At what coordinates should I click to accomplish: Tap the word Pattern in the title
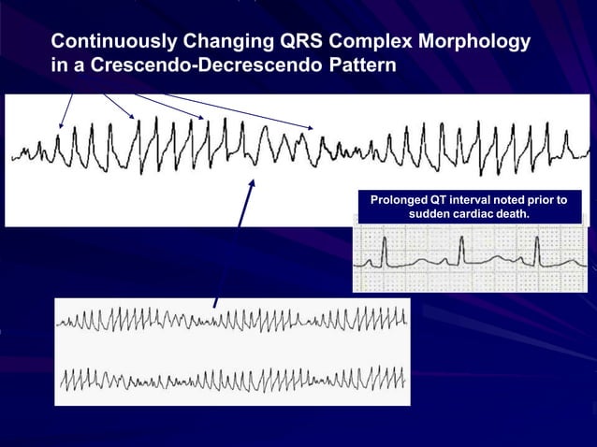(x=358, y=67)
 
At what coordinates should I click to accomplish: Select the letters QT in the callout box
(x=442, y=200)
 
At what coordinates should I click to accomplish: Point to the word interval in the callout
(x=478, y=200)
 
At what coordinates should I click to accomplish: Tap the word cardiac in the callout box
(x=474, y=214)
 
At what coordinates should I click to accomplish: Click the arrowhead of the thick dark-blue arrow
(x=251, y=182)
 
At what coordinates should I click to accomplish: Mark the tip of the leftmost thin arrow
(x=60, y=127)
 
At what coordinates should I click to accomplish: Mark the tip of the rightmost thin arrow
(x=313, y=129)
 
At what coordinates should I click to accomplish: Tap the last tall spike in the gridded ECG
(x=535, y=243)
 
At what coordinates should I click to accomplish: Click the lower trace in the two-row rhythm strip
(x=232, y=380)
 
